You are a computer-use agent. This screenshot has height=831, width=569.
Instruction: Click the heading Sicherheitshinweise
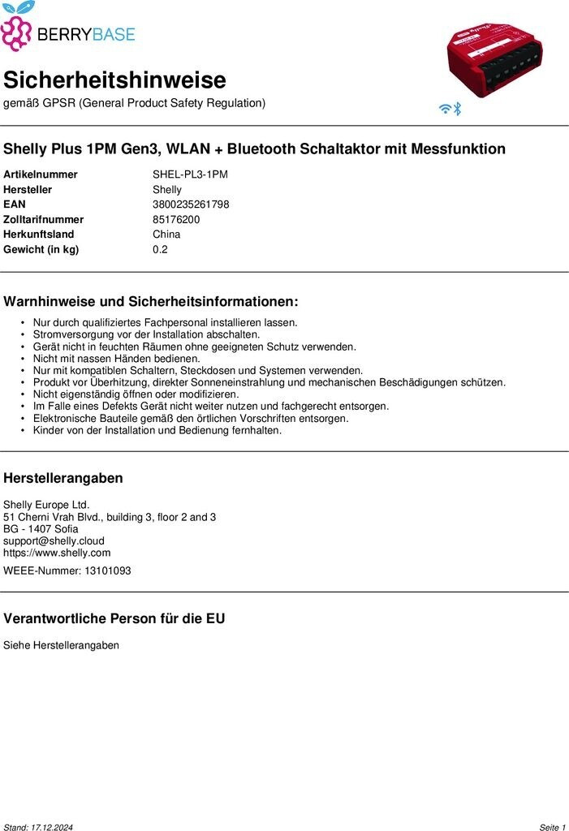(114, 80)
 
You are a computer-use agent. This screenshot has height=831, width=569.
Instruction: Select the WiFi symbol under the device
(445, 108)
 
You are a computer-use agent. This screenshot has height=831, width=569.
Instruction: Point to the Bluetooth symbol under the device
(457, 108)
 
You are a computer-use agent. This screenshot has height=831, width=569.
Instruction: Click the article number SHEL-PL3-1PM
(190, 174)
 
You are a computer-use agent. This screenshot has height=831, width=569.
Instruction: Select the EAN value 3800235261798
(191, 205)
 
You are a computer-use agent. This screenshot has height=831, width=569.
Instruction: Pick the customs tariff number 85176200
(176, 219)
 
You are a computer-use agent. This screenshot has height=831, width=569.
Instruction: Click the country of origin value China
(166, 235)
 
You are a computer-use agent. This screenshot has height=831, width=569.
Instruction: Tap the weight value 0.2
(160, 249)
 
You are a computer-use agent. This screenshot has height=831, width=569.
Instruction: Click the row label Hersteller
(28, 190)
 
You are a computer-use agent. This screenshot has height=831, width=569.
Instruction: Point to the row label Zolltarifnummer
(44, 219)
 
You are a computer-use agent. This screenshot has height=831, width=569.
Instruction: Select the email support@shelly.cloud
(54, 540)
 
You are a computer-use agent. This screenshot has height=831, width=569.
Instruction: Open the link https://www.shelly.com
(57, 553)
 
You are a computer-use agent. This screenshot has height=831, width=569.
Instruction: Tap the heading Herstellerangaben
(63, 478)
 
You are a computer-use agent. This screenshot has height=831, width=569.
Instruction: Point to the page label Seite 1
(552, 827)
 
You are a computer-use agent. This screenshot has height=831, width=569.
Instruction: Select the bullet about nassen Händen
(116, 358)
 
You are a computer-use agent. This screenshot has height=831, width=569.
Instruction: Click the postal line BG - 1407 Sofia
(41, 528)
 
